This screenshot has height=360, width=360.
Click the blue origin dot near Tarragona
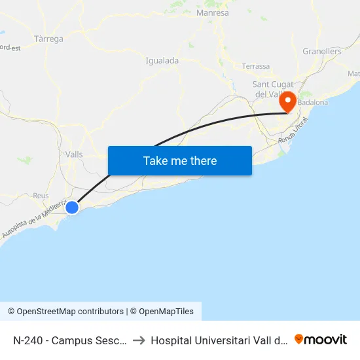(72, 207)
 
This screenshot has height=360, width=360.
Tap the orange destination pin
(287, 102)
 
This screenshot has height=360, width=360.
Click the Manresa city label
(213, 12)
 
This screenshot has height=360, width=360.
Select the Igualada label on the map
(162, 60)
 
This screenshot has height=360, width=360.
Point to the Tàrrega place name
(48, 39)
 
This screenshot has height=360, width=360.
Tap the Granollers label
(322, 51)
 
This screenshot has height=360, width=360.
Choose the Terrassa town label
(255, 66)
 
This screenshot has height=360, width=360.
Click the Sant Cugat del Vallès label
(275, 89)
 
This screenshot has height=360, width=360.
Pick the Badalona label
(313, 103)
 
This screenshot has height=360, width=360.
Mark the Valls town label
(74, 154)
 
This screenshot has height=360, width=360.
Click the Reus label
(41, 196)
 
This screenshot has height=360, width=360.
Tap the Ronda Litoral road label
(292, 137)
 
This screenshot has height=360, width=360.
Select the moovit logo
(321, 339)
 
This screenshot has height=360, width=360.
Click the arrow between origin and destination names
(139, 340)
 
